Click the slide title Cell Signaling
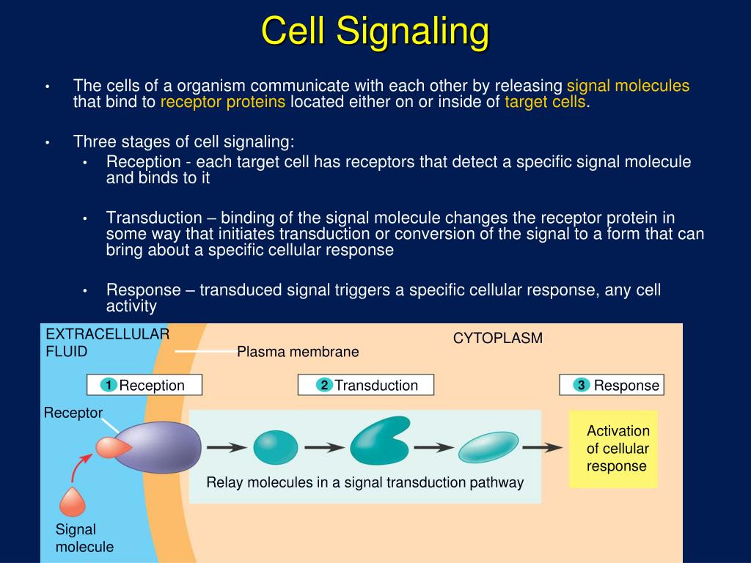point(375,32)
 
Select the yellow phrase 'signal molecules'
point(629,86)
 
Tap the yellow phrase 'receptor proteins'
point(223,102)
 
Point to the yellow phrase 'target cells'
point(545,102)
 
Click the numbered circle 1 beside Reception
point(107,386)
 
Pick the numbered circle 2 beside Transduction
point(324,386)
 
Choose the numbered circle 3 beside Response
point(582,386)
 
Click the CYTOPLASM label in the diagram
point(497,338)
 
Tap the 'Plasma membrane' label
point(298,352)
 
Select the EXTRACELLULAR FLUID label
point(106,342)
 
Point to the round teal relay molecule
point(276,447)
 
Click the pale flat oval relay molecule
point(488,446)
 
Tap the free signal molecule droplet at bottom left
point(72,501)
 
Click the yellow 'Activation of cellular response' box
point(613,448)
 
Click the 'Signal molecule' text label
point(84,538)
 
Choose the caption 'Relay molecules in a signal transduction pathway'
point(364,482)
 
